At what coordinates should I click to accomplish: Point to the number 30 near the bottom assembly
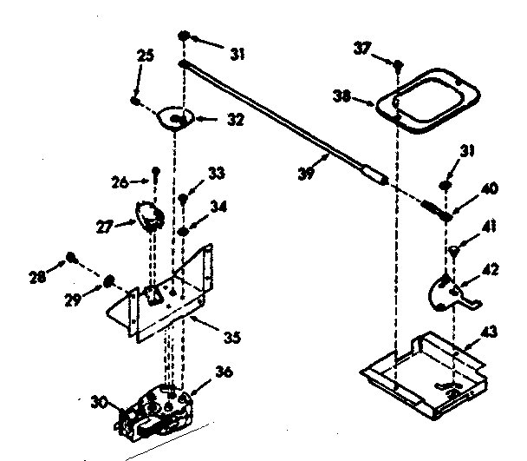(x=100, y=401)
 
